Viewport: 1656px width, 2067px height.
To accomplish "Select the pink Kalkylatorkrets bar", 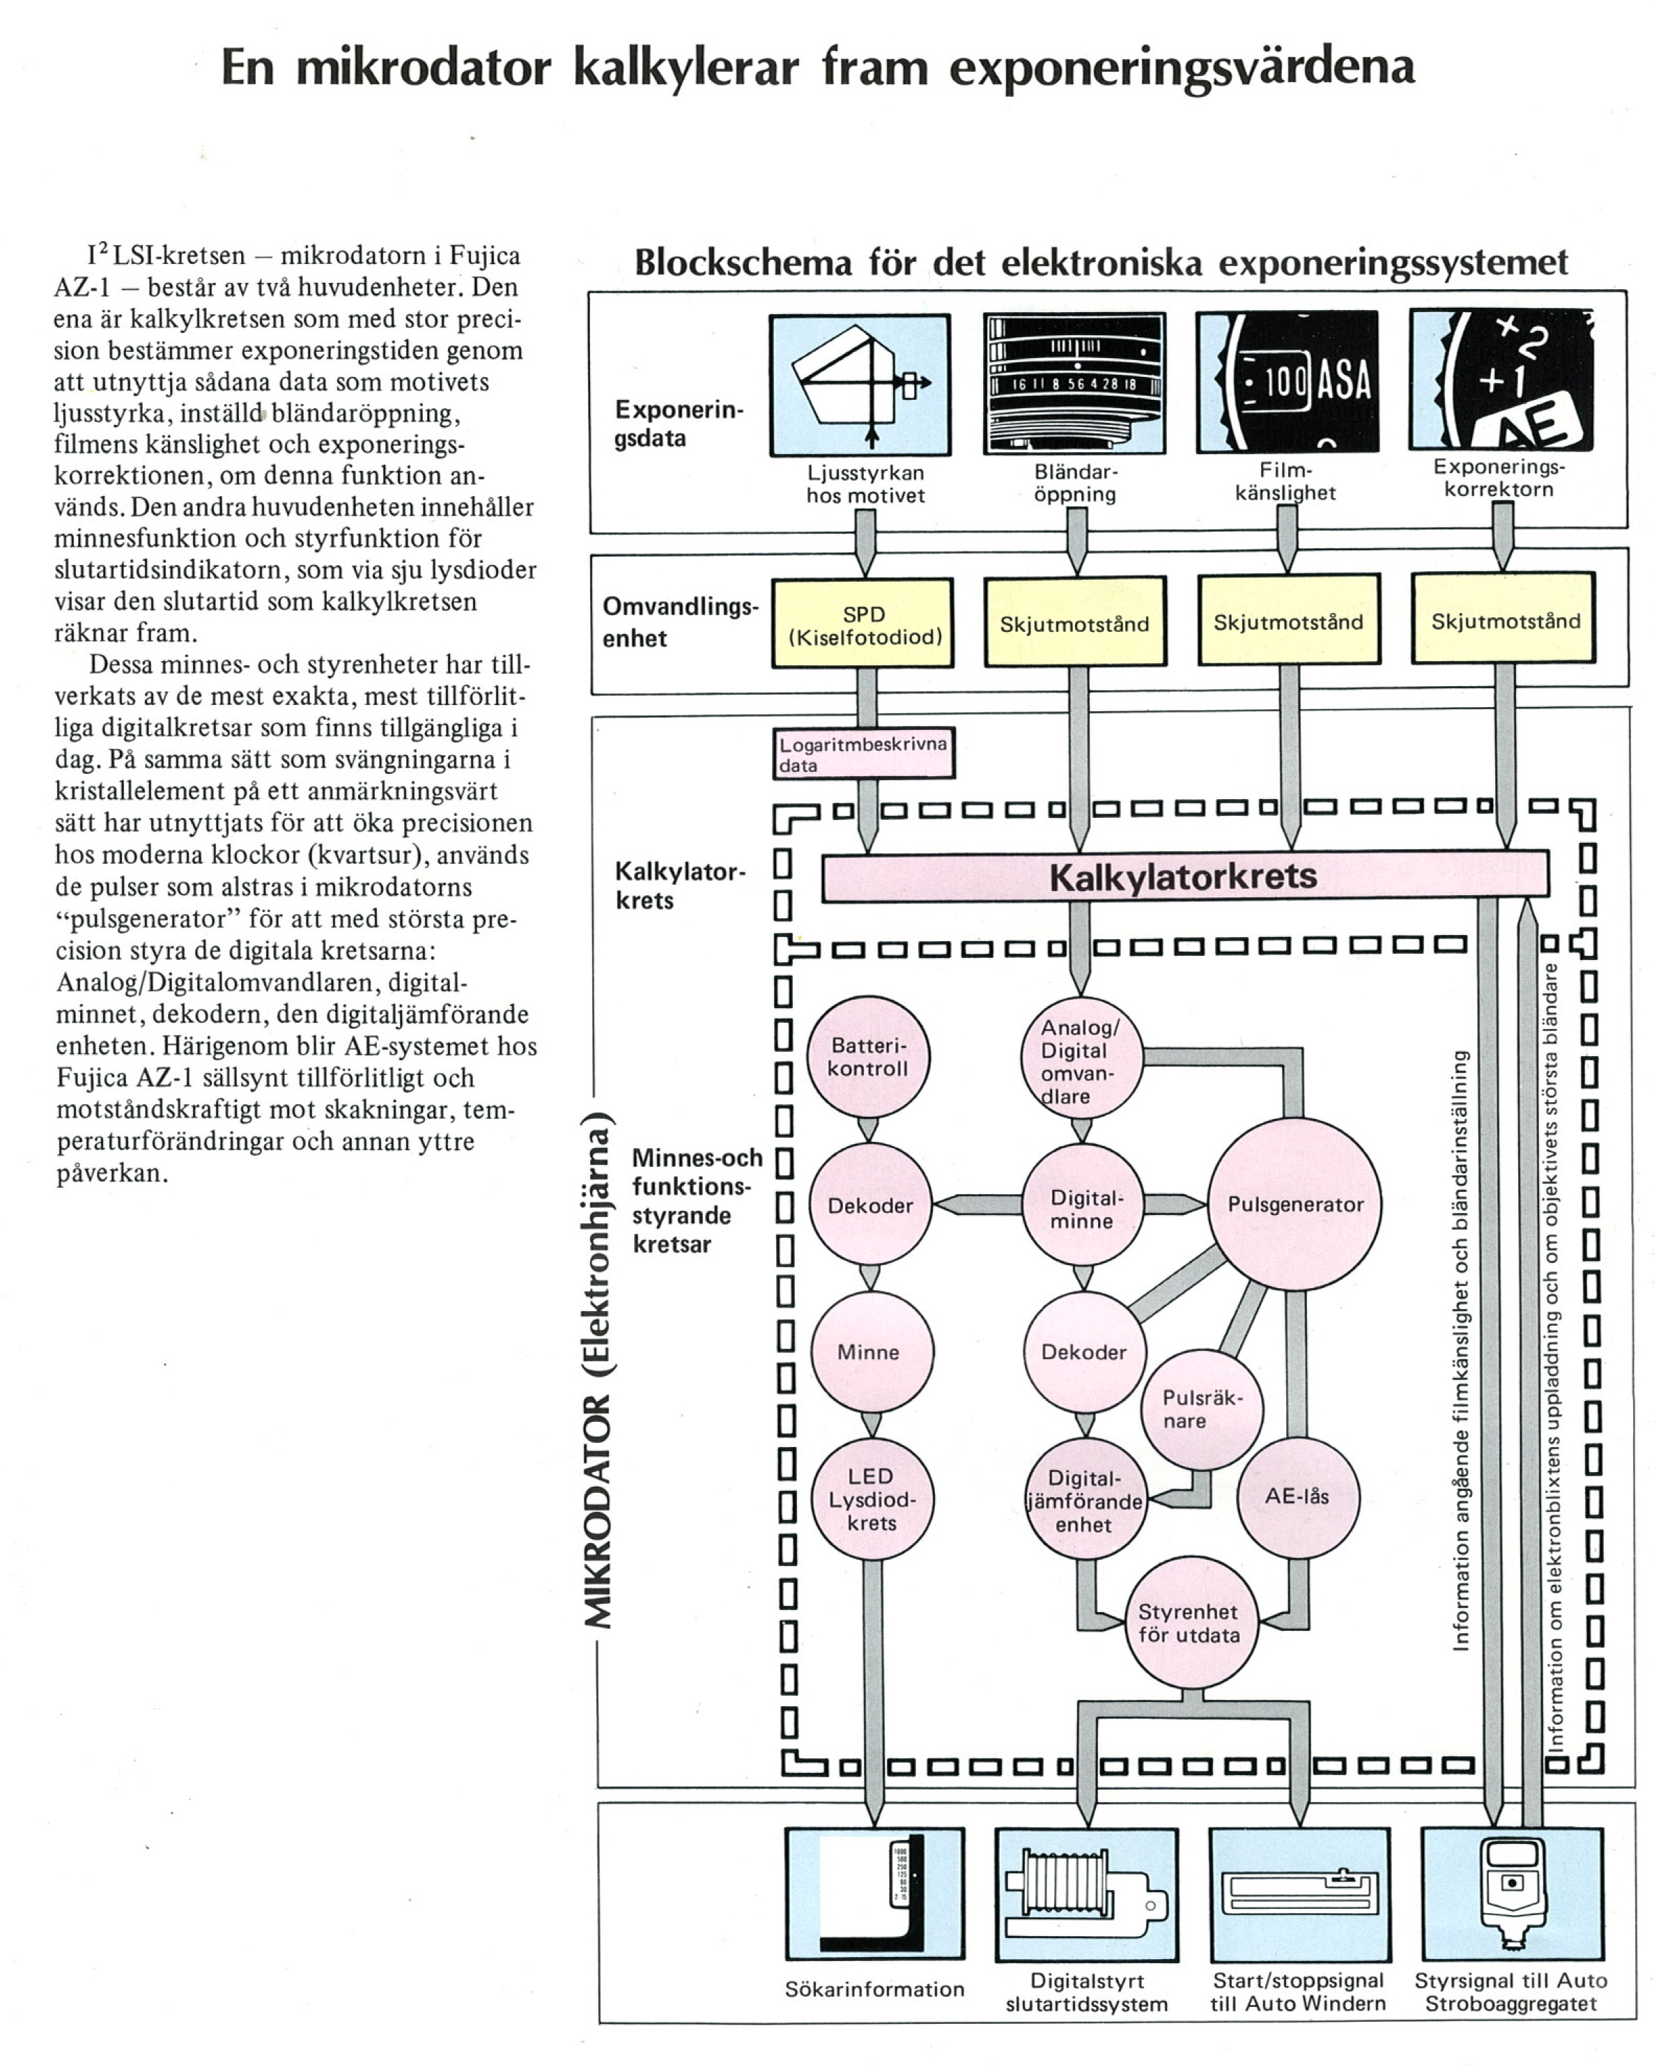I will pos(1184,876).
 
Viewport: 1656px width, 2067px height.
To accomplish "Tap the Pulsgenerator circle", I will pos(1294,1205).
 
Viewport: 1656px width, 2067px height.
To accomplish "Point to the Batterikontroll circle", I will pos(868,1058).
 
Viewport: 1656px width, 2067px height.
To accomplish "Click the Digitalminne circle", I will pos(1083,1208).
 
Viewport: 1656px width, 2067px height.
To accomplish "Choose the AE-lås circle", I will pos(1297,1496).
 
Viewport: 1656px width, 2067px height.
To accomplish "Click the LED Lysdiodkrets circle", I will pos(871,1499).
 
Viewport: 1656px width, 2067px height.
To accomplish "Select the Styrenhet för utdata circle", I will pos(1189,1623).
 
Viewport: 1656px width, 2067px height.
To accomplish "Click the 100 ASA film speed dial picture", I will pos(1287,382).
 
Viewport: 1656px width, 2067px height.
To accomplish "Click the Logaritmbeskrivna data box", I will pos(863,754).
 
